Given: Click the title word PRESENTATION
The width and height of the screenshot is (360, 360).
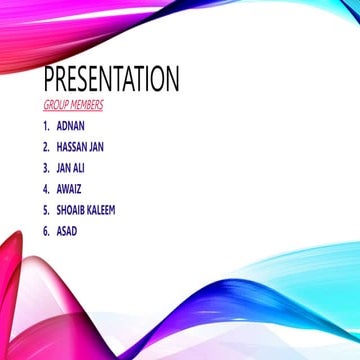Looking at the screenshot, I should click(111, 79).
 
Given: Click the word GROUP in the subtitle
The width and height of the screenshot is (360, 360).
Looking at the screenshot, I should click(56, 104).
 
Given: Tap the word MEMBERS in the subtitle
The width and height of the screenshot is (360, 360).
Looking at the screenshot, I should click(87, 104).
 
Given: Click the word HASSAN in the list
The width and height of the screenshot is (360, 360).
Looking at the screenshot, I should click(75, 147).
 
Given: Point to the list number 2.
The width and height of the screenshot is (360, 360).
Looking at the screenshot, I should click(46, 147).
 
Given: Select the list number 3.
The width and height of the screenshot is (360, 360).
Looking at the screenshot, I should click(46, 168).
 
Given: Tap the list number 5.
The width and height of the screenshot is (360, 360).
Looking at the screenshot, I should click(46, 210).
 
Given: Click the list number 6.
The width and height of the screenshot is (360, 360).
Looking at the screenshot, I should click(46, 231).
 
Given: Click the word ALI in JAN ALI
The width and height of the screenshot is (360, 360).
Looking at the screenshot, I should click(79, 168).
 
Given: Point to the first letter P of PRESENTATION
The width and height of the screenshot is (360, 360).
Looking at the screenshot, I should click(50, 79).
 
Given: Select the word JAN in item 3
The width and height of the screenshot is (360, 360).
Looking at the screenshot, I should click(64, 168).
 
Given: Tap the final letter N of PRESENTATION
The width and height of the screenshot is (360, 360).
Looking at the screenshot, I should click(172, 79).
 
